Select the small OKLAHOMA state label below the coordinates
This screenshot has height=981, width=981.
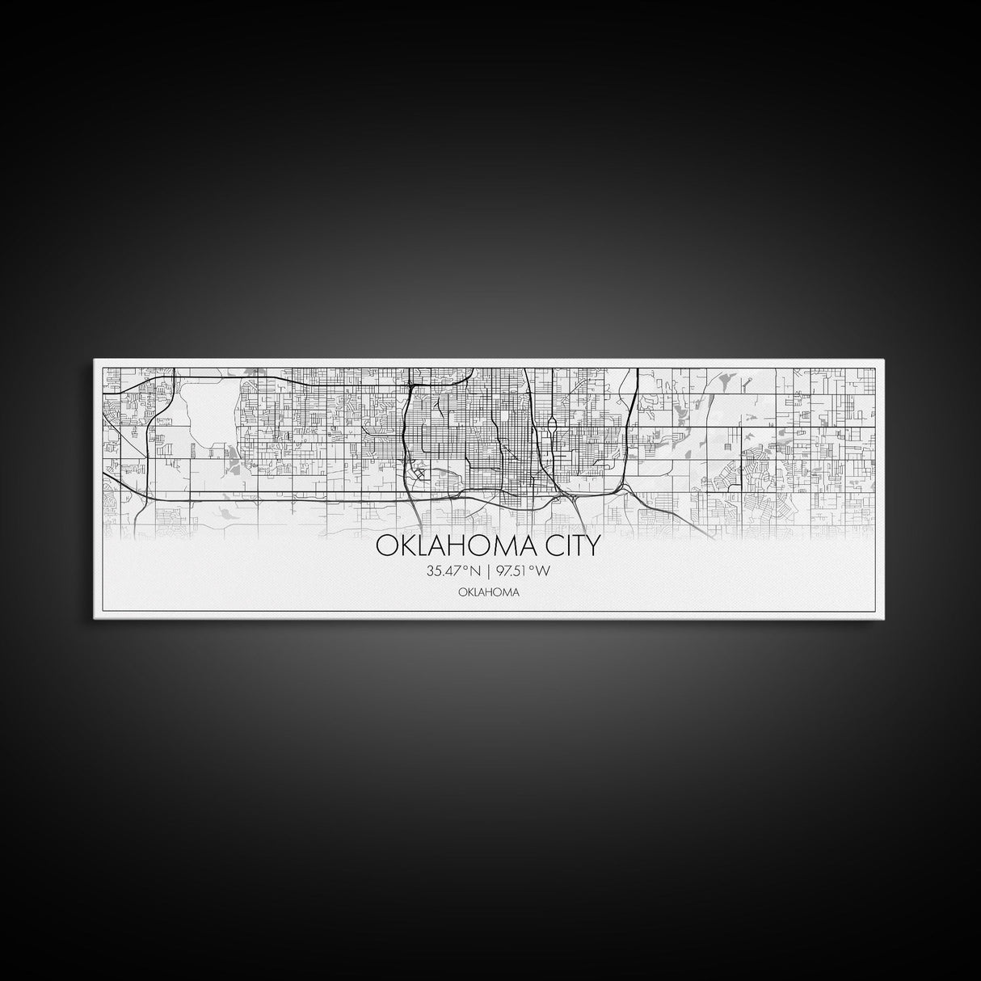tap(488, 592)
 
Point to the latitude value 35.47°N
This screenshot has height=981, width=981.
tap(454, 571)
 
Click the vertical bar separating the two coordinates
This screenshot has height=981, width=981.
tap(487, 571)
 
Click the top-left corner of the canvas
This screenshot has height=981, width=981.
tap(95, 362)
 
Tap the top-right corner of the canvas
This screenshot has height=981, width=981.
tap(886, 362)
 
